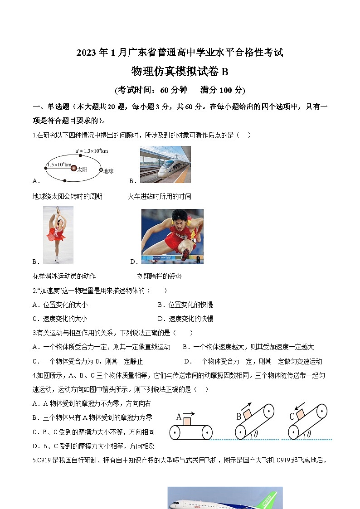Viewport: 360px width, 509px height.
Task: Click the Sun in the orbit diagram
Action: [73, 168]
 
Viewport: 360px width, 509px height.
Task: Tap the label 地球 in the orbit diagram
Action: [108, 171]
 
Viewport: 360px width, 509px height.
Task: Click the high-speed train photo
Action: [165, 164]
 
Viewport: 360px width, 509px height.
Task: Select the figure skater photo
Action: [58, 235]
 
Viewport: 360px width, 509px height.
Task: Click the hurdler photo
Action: [172, 236]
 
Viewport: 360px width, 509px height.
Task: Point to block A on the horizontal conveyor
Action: [187, 421]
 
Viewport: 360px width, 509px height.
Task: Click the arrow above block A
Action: [189, 413]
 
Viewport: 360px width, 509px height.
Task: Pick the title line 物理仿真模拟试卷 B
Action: [180, 72]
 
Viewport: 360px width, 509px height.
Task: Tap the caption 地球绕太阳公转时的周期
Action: [68, 196]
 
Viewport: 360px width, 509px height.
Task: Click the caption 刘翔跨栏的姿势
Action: [159, 276]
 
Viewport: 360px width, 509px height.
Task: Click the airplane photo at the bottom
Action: [225, 498]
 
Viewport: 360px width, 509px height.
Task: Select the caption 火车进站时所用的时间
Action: [159, 196]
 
